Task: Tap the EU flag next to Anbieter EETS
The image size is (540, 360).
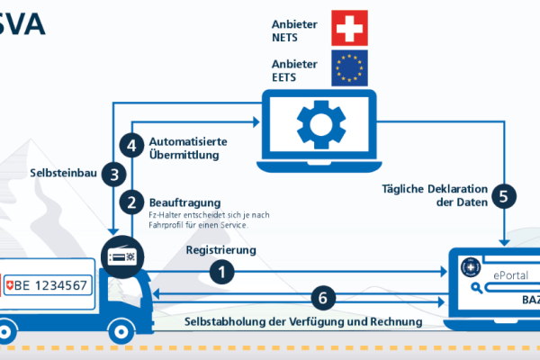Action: point(349,67)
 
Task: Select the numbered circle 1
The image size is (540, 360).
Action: point(224,269)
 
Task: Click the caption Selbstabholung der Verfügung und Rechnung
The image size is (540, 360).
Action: point(303,321)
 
